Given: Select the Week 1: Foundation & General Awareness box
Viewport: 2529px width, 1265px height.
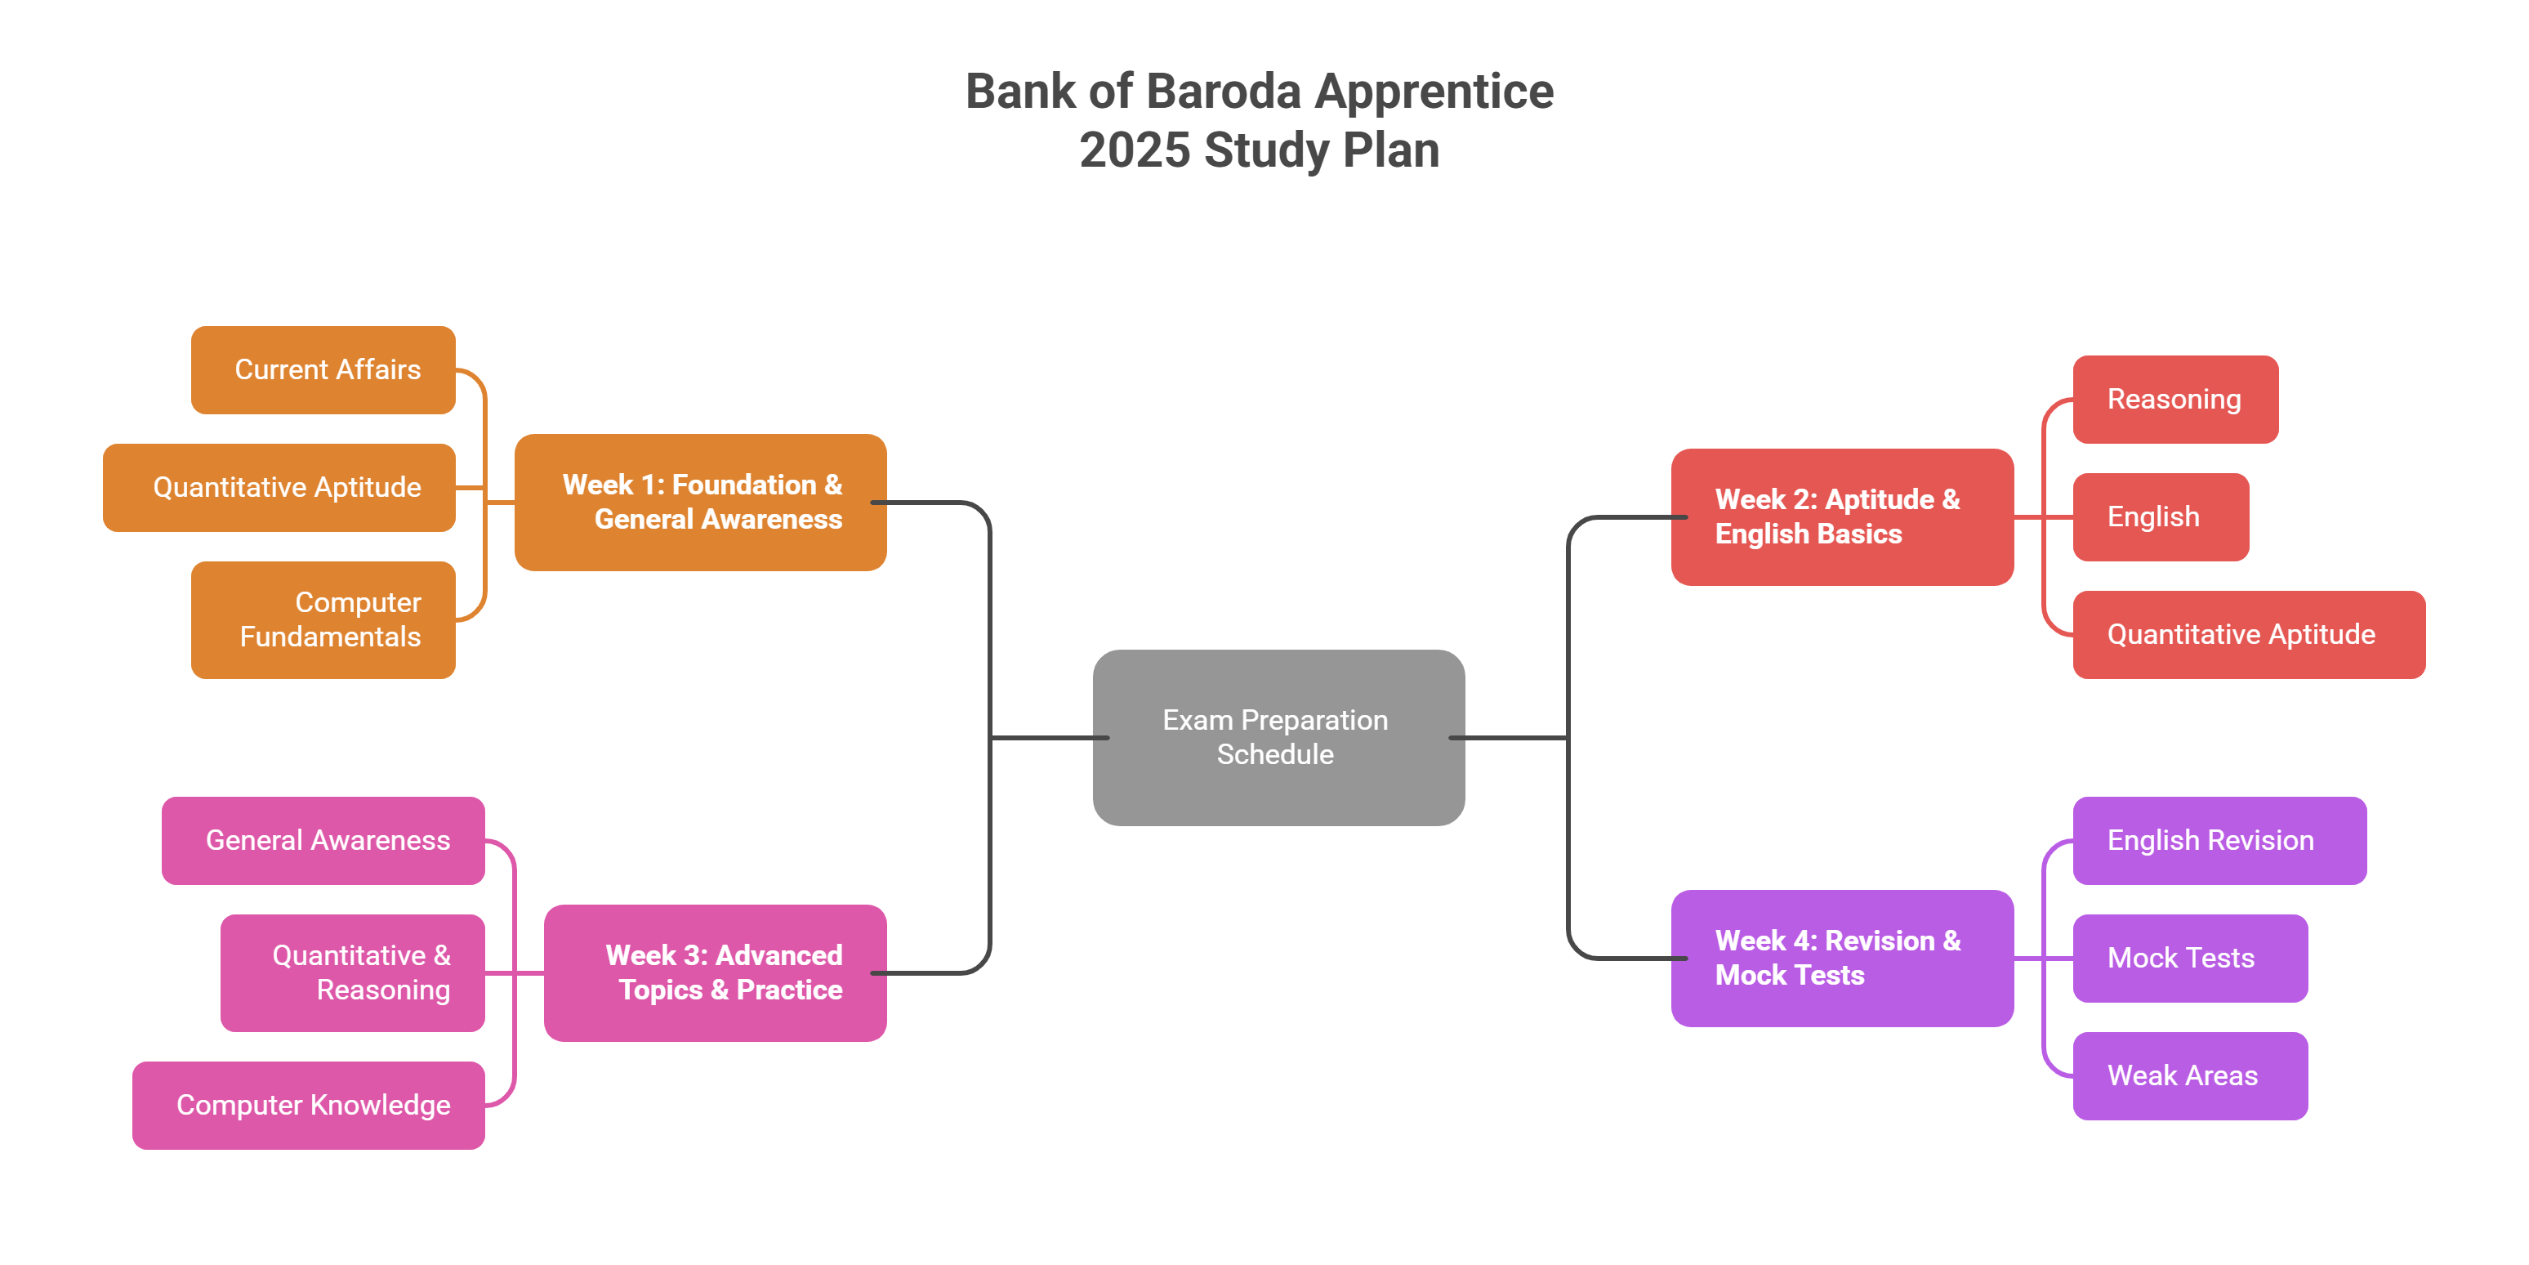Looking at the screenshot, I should click(x=700, y=502).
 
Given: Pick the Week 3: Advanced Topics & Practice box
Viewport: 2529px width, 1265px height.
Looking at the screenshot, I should click(x=715, y=972).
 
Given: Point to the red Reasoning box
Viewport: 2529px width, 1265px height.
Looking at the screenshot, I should click(x=2174, y=399).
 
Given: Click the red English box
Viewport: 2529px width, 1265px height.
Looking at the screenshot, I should click(x=2160, y=516).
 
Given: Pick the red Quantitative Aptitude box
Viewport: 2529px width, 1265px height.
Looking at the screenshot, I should click(x=2248, y=634).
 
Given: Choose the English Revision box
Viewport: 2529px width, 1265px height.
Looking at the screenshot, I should click(x=2219, y=841).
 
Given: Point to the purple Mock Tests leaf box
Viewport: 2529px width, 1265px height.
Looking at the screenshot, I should click(x=2189, y=958).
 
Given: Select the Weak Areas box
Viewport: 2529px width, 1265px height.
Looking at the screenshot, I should click(x=2189, y=1075).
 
